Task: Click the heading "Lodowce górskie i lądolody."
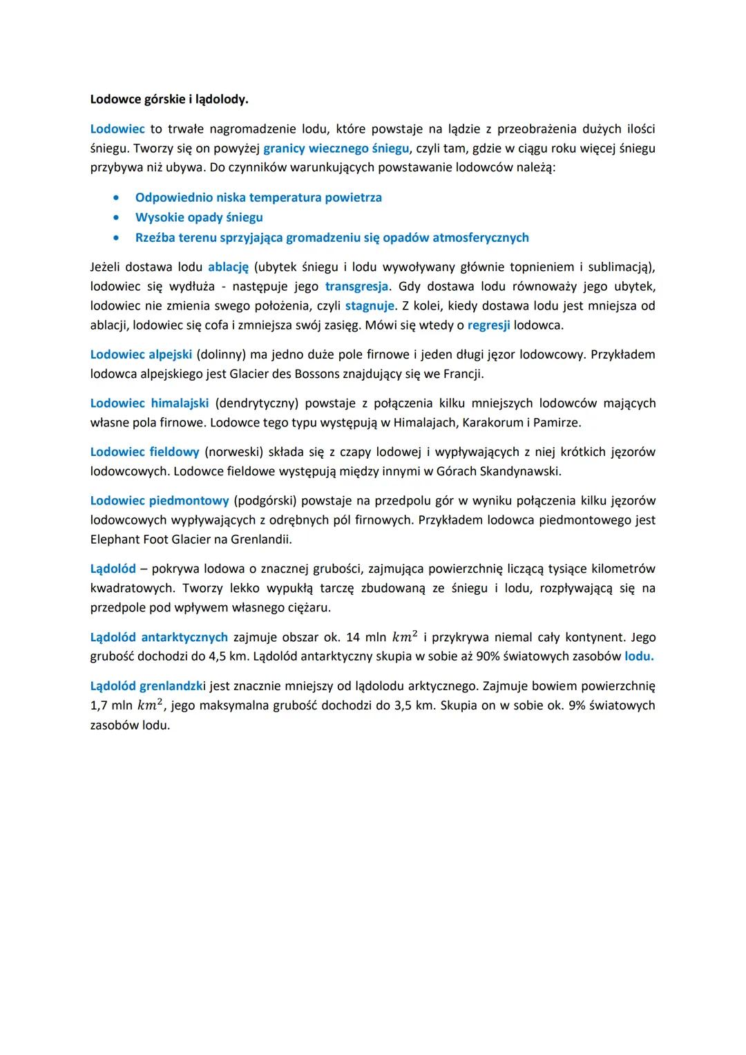pos(169,99)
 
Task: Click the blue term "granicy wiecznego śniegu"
pos(336,148)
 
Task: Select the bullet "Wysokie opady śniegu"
pos(199,218)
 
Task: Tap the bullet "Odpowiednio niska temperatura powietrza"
pos(258,198)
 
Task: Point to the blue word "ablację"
pos(228,267)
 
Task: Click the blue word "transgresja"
pos(358,286)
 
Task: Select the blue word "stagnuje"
pos(370,305)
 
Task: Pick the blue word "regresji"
pos(488,325)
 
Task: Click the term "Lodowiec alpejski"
pos(140,354)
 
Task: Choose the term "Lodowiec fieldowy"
pos(144,452)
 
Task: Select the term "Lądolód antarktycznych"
pos(159,637)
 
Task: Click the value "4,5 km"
pos(229,656)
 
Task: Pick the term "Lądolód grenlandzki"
pos(148,686)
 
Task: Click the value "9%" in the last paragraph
pos(575,705)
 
